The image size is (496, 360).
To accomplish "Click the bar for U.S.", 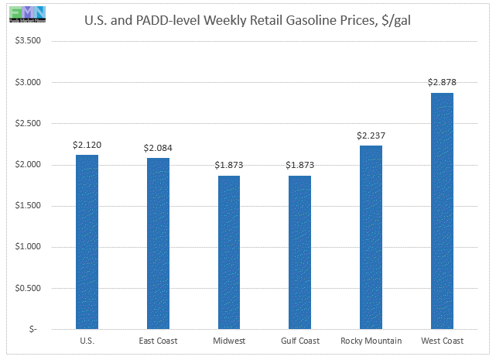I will (x=87, y=242).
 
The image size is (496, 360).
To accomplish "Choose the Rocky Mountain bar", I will (x=371, y=237).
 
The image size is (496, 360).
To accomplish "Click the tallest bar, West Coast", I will (x=442, y=211).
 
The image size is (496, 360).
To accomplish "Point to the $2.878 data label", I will (x=442, y=82).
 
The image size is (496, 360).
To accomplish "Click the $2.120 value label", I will (x=87, y=144).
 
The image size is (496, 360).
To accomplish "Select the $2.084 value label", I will (x=158, y=147).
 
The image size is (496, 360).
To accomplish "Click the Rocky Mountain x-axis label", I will (x=371, y=341).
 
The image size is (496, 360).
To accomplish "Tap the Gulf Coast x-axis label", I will (x=299, y=341).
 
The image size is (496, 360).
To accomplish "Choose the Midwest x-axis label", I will (x=229, y=341).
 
